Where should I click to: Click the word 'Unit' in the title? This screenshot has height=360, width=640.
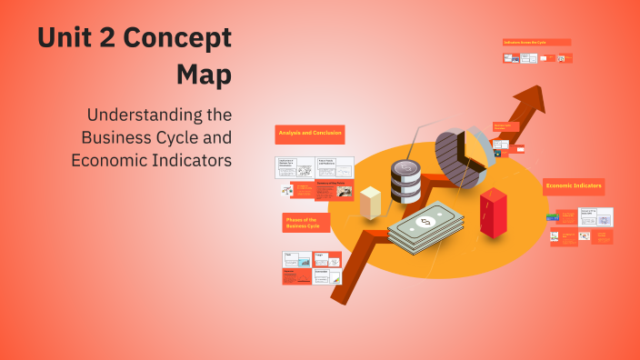click(65, 39)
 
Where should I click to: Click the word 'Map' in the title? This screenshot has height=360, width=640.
click(204, 75)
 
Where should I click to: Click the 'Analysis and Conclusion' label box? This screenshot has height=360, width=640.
click(309, 135)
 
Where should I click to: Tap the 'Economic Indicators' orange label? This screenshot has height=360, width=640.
click(574, 185)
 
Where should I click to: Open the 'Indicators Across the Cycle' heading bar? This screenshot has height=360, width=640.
click(536, 42)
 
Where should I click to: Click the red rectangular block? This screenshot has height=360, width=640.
click(493, 213)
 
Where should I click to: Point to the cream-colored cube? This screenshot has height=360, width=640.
click(370, 202)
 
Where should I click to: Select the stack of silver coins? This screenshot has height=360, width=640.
click(405, 182)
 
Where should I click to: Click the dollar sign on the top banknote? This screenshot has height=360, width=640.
click(424, 221)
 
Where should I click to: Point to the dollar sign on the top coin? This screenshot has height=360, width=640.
click(405, 167)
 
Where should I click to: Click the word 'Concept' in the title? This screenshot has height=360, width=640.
click(178, 39)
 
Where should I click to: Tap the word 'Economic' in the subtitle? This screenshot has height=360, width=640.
click(111, 160)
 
